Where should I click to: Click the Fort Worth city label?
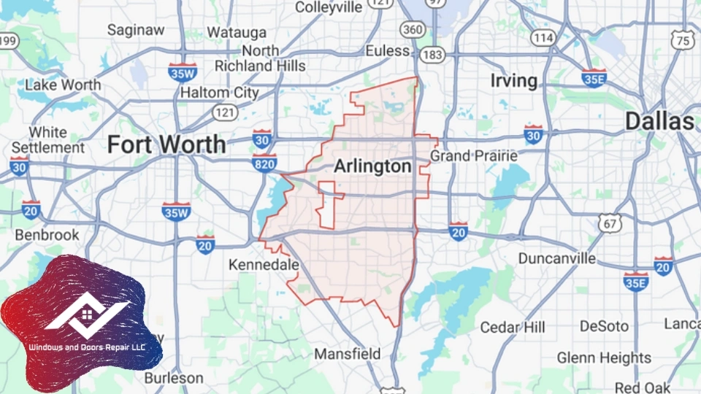click(x=166, y=144)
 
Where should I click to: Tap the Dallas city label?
click(x=659, y=121)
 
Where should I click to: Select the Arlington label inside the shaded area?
click(x=372, y=167)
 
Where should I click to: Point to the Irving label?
click(x=513, y=80)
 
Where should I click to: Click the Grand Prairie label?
click(x=473, y=155)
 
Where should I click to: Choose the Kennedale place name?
click(x=264, y=265)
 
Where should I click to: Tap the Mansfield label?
click(x=347, y=354)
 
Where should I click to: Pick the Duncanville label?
click(x=556, y=258)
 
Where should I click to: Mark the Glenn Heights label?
click(x=604, y=358)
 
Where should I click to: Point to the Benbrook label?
click(x=47, y=236)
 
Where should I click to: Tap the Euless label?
click(x=388, y=51)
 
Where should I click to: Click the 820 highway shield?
click(x=264, y=163)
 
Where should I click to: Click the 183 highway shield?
click(x=433, y=55)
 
